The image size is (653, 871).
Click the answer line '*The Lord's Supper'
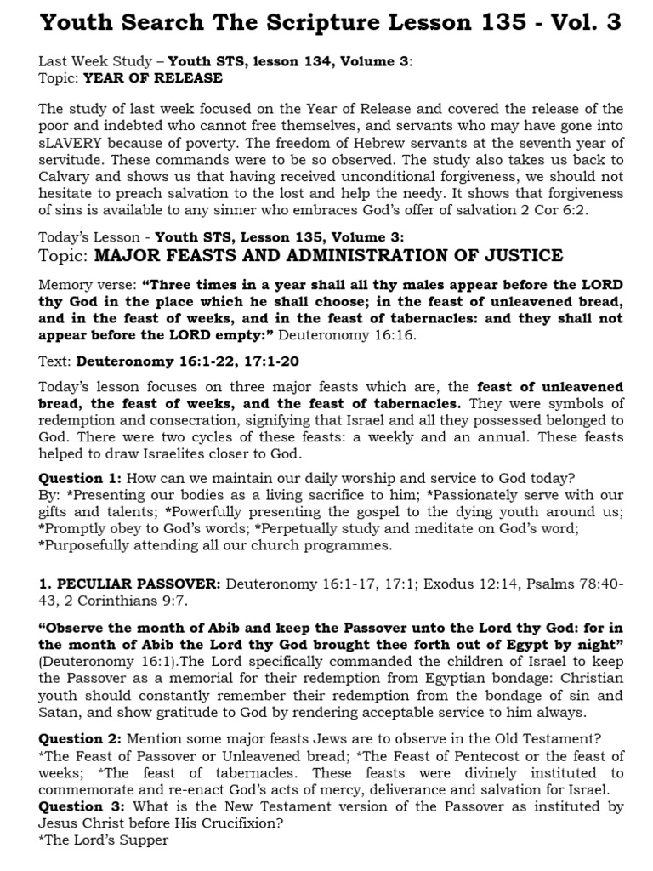(x=104, y=840)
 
